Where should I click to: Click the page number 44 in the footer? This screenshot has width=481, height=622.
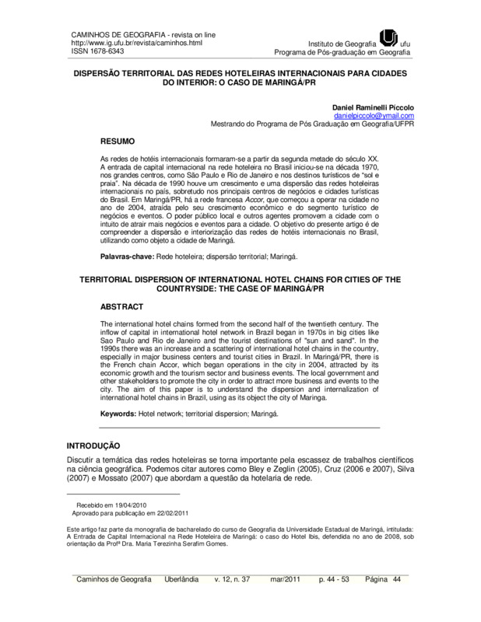click(x=395, y=580)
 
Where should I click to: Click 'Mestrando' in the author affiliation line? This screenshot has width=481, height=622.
click(x=232, y=124)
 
